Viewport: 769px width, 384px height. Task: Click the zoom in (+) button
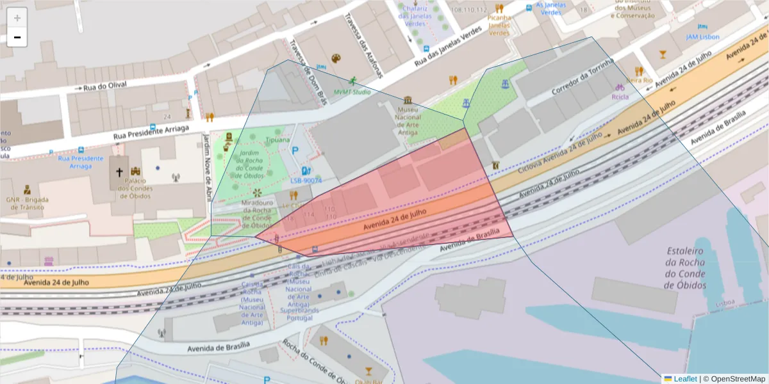tap(17, 18)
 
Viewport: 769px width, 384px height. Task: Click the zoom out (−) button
tap(17, 37)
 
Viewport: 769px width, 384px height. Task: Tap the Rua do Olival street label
tap(105, 84)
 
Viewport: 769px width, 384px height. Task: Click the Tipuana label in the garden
tap(277, 140)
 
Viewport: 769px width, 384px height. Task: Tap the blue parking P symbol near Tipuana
tap(295, 151)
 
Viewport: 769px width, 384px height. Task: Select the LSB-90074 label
tap(306, 181)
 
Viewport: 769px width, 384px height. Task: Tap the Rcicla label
tap(620, 97)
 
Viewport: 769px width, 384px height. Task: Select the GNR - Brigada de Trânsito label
tap(27, 203)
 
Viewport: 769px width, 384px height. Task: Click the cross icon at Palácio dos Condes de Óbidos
tap(119, 172)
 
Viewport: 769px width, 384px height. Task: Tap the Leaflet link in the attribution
tap(685, 379)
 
